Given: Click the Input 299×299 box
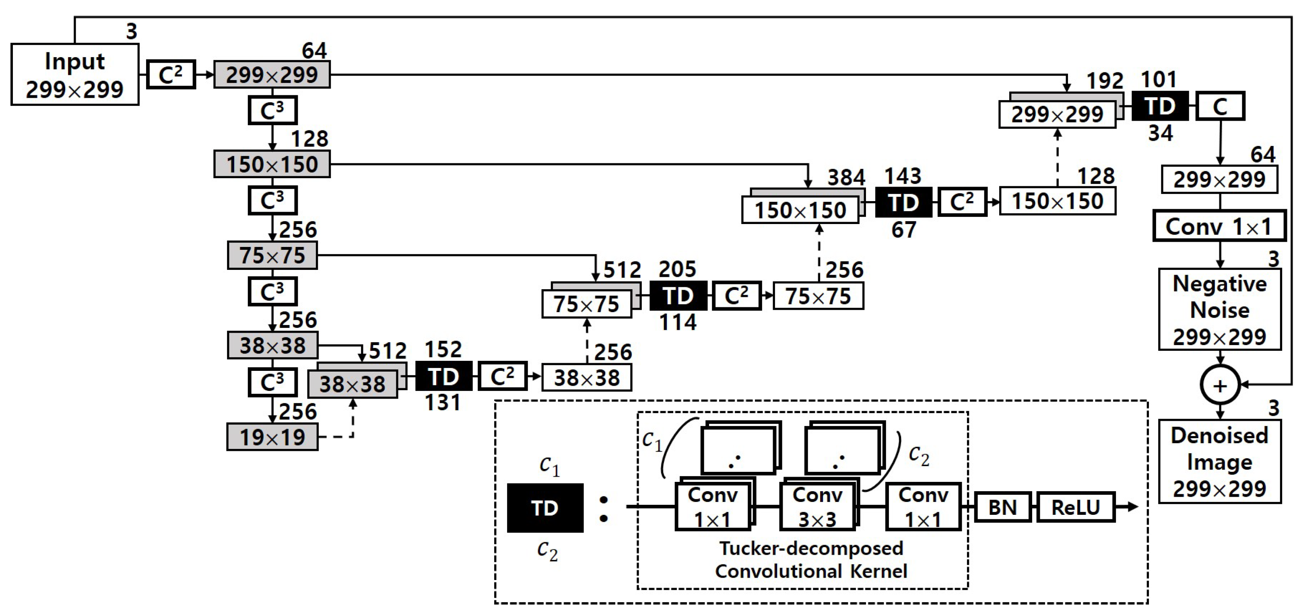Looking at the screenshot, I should pos(74,74).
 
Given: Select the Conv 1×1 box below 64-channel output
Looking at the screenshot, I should pos(1219,226).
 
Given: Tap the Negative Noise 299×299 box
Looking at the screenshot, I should pos(1219,310).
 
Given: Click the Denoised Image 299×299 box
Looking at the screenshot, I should pos(1219,461).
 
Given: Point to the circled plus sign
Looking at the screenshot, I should pos(1219,386).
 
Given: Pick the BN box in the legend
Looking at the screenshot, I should pos(1002,507).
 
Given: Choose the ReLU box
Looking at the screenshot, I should pos(1075,507).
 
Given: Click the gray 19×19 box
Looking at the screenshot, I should pos(272,437).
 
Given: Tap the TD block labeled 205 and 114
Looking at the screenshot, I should pos(678,296).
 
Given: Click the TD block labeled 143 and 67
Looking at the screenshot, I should pos(903,203).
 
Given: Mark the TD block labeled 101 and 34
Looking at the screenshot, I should pos(1160,106).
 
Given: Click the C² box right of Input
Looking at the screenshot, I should pos(171,74).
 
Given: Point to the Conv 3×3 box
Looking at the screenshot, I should pos(817,507).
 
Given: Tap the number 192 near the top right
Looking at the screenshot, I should pos(1104,81).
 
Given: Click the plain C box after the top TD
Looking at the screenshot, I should pos(1220,106).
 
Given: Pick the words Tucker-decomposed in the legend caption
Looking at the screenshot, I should pos(811,548).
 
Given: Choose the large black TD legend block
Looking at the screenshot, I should pos(545,508).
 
